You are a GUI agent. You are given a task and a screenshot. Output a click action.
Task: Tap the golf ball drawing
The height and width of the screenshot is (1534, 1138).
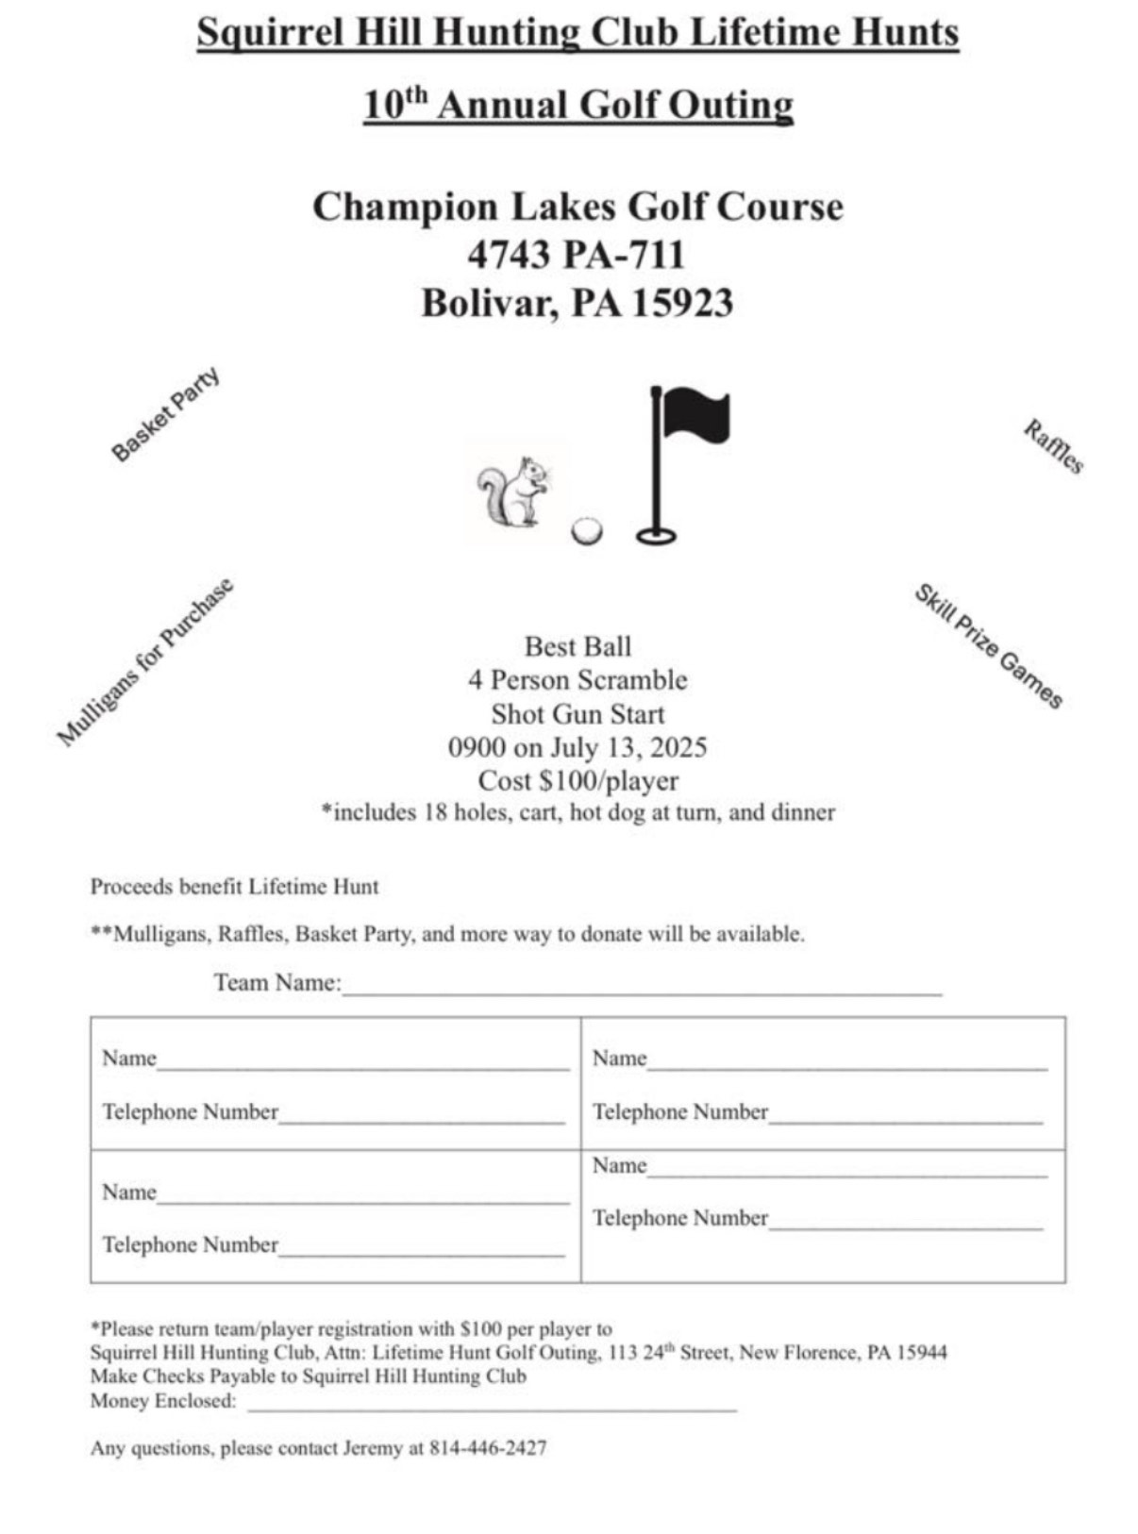coord(587,531)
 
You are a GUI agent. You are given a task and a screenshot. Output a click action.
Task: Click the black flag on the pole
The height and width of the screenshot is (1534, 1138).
coord(695,416)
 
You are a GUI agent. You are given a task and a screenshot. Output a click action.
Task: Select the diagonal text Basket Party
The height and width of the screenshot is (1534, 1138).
coord(165,415)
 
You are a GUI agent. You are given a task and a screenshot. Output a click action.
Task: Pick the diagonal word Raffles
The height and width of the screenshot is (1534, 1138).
coord(1054,446)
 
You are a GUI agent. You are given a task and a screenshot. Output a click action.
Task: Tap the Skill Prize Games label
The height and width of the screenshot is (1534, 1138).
coord(988,646)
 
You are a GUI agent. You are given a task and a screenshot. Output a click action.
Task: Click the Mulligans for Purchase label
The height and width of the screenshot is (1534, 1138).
coord(145,662)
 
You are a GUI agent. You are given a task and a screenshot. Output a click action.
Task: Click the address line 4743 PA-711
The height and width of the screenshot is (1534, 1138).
coord(576,255)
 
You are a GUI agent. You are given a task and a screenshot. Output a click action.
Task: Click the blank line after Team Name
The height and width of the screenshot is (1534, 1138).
coord(642,989)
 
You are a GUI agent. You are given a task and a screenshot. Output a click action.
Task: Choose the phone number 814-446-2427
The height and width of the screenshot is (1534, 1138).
coord(488,1448)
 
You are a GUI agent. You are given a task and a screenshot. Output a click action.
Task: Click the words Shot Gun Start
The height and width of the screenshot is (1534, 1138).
coord(577,714)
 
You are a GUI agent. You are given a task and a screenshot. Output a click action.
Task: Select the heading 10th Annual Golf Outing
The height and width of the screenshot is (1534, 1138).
coord(577,105)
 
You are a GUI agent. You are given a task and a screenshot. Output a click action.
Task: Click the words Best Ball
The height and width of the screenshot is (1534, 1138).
coord(577,646)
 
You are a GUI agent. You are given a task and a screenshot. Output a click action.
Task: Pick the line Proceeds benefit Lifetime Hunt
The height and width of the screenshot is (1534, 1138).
coord(234,887)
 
